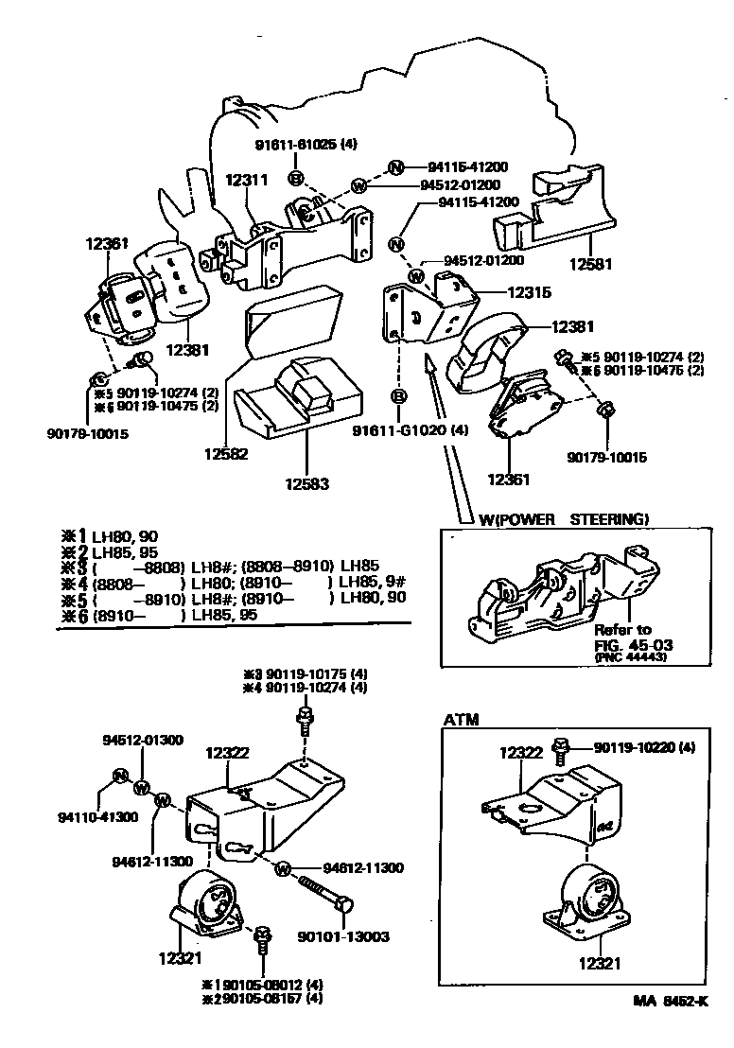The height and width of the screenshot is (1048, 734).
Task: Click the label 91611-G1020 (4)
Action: coord(410,430)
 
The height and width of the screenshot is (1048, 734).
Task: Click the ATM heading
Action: coord(461,720)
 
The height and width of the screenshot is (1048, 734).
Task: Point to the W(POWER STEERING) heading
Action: coord(564,518)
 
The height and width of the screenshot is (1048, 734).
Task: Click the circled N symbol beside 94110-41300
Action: coord(120,777)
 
